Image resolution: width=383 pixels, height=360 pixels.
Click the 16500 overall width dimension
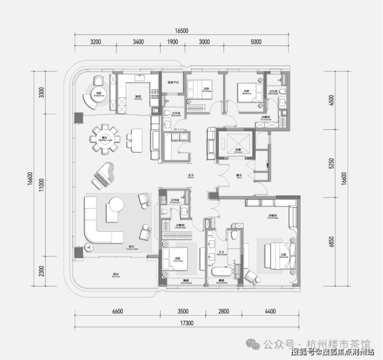pos(181,32)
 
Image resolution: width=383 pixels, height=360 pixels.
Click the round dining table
pos(104,138)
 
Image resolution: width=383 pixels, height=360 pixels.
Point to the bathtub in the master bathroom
pos(223,272)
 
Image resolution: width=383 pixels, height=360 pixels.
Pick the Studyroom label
pos(99,95)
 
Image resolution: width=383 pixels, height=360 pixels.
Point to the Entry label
pos(191,177)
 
